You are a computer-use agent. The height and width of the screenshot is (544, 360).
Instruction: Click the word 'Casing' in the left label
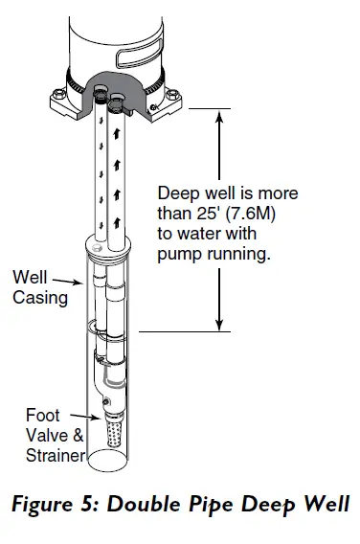tap(40, 297)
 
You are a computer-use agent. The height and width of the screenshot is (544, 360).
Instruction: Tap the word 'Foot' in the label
tap(42, 415)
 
